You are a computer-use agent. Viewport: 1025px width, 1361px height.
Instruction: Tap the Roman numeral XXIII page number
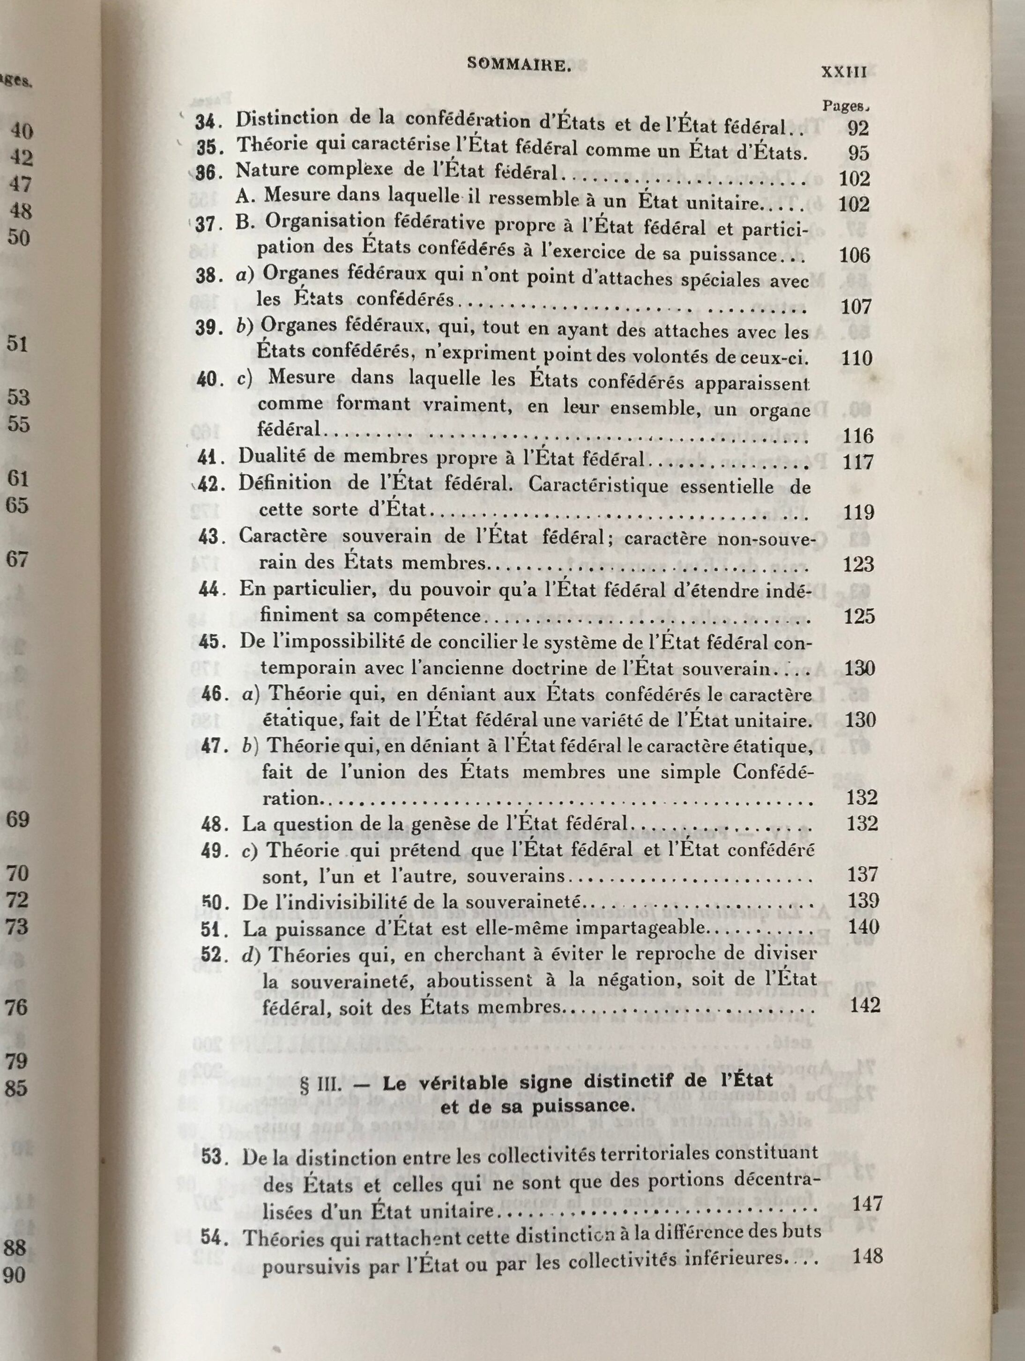point(845,72)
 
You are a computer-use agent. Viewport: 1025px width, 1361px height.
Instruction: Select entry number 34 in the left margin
point(208,122)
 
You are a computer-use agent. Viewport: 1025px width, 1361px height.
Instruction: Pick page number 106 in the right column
point(855,255)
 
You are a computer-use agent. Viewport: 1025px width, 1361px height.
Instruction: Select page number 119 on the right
point(859,512)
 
